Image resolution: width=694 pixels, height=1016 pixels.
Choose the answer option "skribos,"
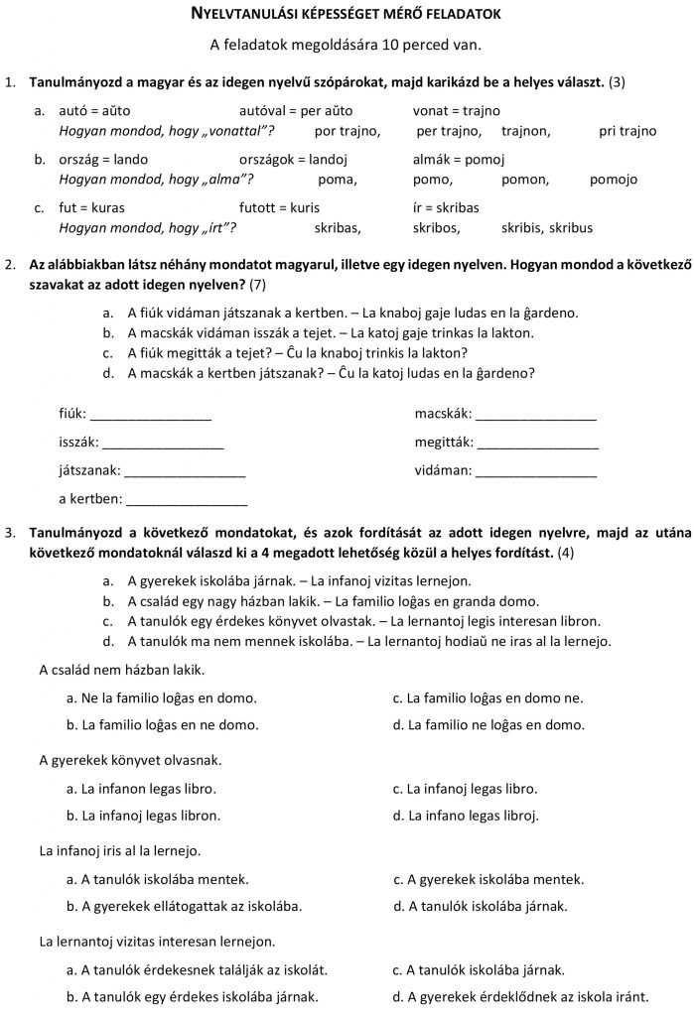(x=438, y=227)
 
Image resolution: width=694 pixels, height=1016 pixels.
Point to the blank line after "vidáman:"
(x=536, y=471)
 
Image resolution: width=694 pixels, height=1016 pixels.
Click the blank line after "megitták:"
(x=538, y=444)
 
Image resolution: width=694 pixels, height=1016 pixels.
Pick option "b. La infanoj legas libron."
(x=143, y=816)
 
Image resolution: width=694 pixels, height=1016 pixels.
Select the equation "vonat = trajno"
(x=457, y=111)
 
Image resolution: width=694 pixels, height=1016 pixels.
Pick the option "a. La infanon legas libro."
(x=141, y=789)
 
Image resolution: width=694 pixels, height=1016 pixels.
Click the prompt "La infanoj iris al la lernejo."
(x=119, y=850)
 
